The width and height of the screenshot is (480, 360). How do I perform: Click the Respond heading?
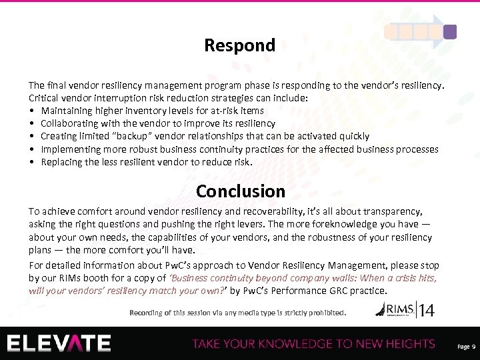(239, 45)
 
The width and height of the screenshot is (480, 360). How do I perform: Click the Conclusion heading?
(240, 191)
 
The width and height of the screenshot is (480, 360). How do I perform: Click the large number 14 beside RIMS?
(426, 311)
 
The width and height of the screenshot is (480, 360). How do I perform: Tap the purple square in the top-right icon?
(451, 31)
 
